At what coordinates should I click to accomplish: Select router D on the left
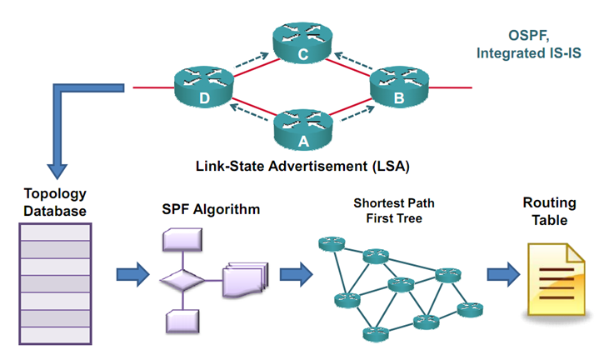tap(203, 87)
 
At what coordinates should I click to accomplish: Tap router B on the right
tap(397, 87)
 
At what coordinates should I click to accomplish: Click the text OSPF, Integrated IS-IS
tap(530, 44)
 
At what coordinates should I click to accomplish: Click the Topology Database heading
tap(54, 203)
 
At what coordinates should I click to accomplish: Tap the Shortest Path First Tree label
tap(394, 209)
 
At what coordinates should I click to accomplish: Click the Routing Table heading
tap(549, 211)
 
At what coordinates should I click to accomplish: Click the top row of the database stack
tap(54, 231)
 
